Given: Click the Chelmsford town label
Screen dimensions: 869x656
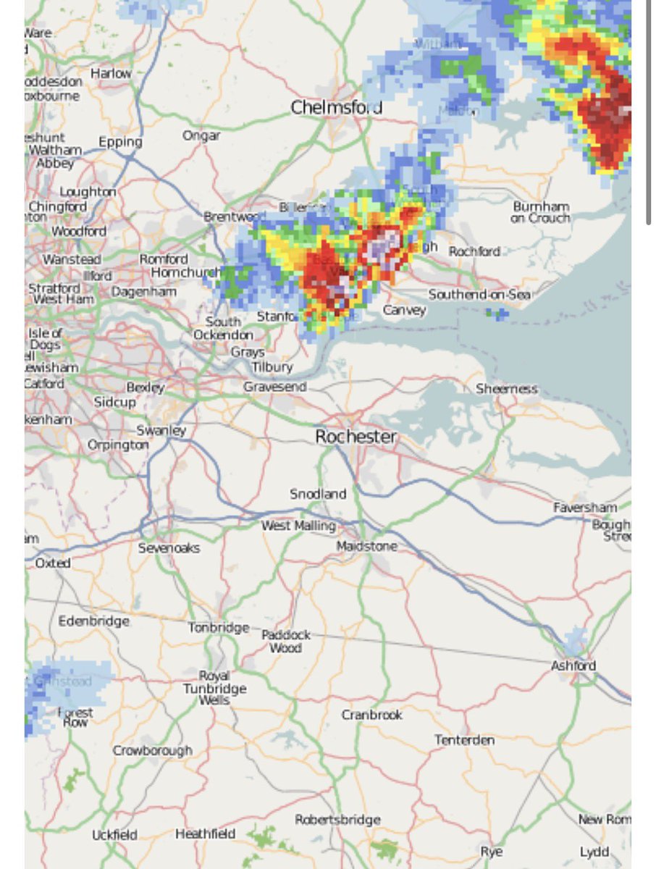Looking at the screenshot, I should pyautogui.click(x=336, y=108).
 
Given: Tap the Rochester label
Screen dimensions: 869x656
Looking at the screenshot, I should pyautogui.click(x=356, y=437).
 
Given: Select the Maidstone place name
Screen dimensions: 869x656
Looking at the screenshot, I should pyautogui.click(x=366, y=547).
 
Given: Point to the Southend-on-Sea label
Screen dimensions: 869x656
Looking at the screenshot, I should pyautogui.click(x=479, y=295).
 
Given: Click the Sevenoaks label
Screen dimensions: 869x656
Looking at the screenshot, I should pyautogui.click(x=169, y=548).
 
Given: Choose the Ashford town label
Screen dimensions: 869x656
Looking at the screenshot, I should pyautogui.click(x=573, y=666).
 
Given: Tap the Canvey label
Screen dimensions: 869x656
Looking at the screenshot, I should pyautogui.click(x=404, y=310).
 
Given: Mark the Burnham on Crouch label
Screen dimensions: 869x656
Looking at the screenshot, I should pyautogui.click(x=541, y=212).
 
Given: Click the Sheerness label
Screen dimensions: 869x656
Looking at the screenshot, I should pyautogui.click(x=507, y=389).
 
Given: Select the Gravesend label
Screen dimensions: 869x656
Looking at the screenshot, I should pyautogui.click(x=274, y=387).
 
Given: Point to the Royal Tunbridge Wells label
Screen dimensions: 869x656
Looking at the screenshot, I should pyautogui.click(x=214, y=688).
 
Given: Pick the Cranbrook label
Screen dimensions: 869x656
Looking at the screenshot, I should pyautogui.click(x=371, y=715).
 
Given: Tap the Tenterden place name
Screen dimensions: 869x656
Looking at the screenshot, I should pyautogui.click(x=464, y=740).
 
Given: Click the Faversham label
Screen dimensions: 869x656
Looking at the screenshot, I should pyautogui.click(x=585, y=508).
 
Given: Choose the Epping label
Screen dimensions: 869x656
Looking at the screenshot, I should pyautogui.click(x=120, y=143).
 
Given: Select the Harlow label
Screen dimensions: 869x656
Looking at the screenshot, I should pyautogui.click(x=111, y=73).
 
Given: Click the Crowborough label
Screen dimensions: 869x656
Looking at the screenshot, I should pyautogui.click(x=152, y=751).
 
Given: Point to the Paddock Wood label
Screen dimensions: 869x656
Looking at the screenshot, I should pyautogui.click(x=286, y=641).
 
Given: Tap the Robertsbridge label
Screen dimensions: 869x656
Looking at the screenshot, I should pyautogui.click(x=337, y=820).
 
